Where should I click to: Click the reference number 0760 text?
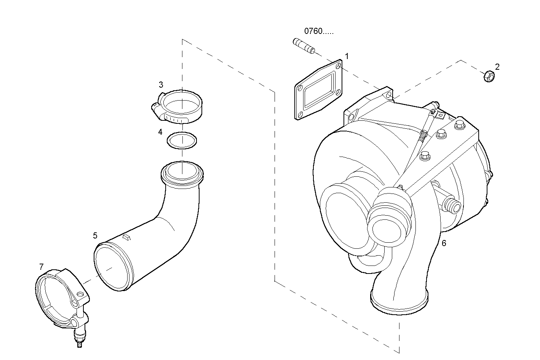[318, 31]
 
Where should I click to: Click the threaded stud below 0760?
[304, 46]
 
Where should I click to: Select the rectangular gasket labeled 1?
[318, 90]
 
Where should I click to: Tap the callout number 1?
[347, 56]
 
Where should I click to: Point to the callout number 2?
[497, 67]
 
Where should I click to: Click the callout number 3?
[161, 85]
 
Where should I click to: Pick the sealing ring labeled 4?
[182, 140]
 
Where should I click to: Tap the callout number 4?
[160, 132]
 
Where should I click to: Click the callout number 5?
[95, 235]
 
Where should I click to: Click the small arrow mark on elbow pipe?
[127, 238]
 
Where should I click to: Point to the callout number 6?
[444, 243]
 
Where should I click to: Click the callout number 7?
[41, 267]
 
